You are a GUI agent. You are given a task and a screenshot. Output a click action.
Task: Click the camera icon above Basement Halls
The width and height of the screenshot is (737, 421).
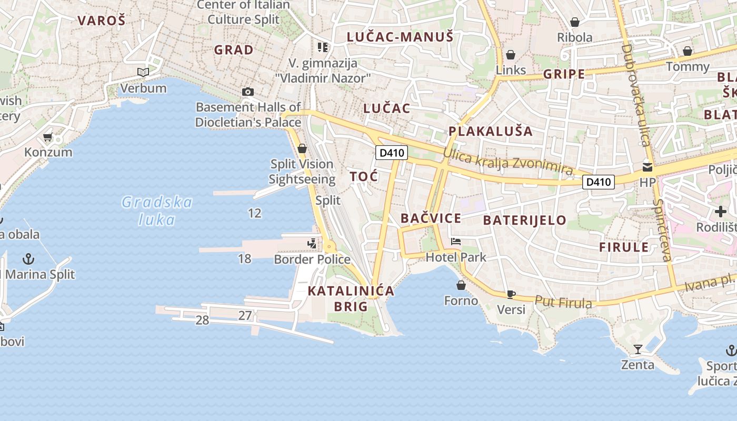(x=247, y=92)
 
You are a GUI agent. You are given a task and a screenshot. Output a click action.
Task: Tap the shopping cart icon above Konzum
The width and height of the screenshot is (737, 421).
(x=48, y=137)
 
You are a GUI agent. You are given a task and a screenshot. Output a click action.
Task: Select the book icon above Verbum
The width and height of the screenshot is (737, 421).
(x=143, y=72)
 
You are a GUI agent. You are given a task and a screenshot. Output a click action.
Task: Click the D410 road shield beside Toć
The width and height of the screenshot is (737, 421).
(x=392, y=153)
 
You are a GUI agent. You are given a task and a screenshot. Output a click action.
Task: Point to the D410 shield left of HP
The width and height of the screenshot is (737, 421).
(x=599, y=182)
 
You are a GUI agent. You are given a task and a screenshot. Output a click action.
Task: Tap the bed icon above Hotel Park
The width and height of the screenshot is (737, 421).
(x=456, y=242)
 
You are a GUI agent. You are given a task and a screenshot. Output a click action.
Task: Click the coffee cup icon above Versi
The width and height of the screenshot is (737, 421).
(x=510, y=294)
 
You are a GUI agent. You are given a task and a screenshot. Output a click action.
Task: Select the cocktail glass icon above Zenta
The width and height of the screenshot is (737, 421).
(x=638, y=349)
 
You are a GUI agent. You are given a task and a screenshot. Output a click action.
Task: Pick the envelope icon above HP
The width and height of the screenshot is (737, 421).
(x=647, y=167)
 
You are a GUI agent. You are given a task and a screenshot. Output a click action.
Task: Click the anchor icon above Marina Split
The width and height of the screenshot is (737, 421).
(x=29, y=258)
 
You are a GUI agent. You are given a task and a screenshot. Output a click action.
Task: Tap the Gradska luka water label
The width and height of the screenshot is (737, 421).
(x=157, y=210)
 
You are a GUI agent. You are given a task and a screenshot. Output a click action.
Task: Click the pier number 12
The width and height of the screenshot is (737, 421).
(x=254, y=213)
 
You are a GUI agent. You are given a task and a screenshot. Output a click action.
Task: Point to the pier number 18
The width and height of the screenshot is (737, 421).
(x=244, y=258)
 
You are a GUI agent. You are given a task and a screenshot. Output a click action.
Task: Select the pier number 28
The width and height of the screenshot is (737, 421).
(x=202, y=320)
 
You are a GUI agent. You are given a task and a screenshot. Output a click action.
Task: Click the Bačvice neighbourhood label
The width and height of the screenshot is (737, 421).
(x=431, y=218)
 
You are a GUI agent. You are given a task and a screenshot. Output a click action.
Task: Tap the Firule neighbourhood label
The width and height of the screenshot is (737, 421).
(x=624, y=247)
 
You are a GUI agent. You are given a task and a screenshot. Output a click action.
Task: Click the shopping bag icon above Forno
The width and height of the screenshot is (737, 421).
(x=461, y=285)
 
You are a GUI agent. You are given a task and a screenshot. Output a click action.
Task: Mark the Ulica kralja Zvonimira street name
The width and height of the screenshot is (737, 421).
(x=508, y=162)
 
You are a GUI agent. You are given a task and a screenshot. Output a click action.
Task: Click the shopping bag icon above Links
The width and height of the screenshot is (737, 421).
(x=510, y=55)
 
